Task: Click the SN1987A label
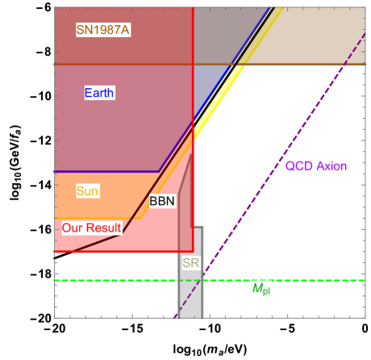coord(103,30)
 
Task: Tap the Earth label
coord(99,93)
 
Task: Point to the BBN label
coord(162,201)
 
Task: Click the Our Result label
coord(91,228)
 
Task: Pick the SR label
coord(190,263)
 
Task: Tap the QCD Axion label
coord(316,166)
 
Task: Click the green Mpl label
coord(261,289)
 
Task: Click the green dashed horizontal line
coord(121,280)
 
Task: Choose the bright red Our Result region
coord(145,241)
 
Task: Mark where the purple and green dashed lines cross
coord(202,280)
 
